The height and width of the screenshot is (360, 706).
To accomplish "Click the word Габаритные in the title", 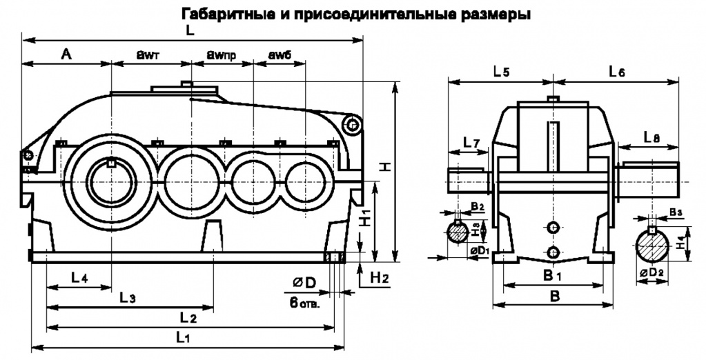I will (x=219, y=14).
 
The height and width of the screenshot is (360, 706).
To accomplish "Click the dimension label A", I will (x=66, y=54).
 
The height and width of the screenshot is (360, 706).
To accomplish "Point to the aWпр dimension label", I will (x=222, y=54).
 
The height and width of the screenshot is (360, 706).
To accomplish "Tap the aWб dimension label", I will (x=280, y=54).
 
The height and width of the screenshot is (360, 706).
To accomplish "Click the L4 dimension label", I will (x=78, y=279).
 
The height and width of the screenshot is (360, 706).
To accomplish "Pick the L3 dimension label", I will (x=127, y=297).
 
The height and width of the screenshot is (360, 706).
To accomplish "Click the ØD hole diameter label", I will (x=304, y=283).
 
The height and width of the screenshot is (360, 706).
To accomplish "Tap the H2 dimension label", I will (x=380, y=278).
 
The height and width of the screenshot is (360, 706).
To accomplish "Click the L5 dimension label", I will (x=502, y=70).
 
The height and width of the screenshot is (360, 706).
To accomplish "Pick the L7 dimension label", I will (x=471, y=143).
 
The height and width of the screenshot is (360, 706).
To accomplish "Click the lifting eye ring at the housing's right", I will (x=353, y=125).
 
